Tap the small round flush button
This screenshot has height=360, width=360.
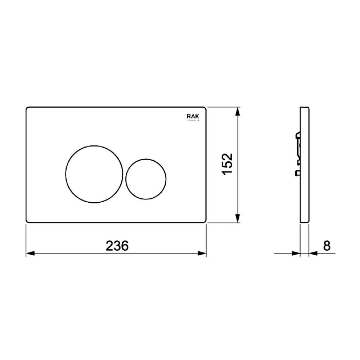146,179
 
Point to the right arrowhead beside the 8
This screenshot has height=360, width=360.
313,253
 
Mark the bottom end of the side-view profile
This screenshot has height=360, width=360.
305,222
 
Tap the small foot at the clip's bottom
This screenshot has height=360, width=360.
297,173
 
